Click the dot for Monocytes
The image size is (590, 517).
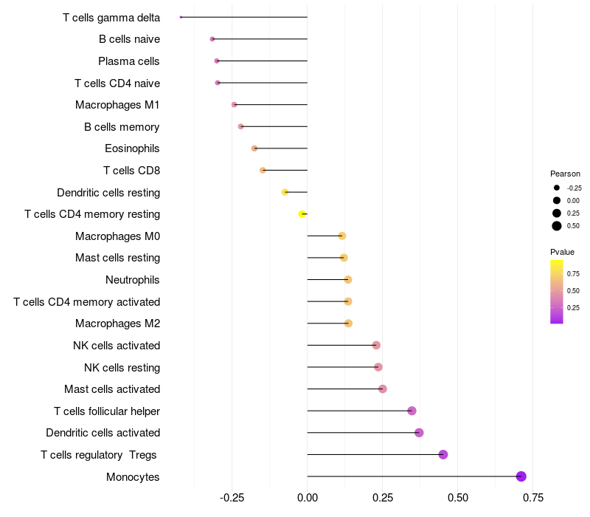pos(521,476)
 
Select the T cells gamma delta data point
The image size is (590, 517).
pos(181,17)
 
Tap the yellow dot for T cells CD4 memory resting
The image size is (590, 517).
pos(302,214)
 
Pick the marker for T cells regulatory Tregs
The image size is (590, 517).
pos(443,454)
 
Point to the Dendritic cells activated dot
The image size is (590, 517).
pos(419,433)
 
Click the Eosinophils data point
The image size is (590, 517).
pos(254,148)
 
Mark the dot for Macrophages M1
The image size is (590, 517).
pos(235,105)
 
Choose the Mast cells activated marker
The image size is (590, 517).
pos(383,389)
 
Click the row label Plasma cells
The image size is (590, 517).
pos(129,61)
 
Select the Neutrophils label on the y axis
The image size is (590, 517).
pos(133,280)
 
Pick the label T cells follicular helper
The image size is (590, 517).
pos(107,411)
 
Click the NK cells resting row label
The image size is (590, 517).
pos(122,367)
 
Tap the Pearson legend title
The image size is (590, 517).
pos(565,174)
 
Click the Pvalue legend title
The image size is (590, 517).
pos(563,252)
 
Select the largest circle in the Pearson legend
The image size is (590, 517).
pos(557,226)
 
